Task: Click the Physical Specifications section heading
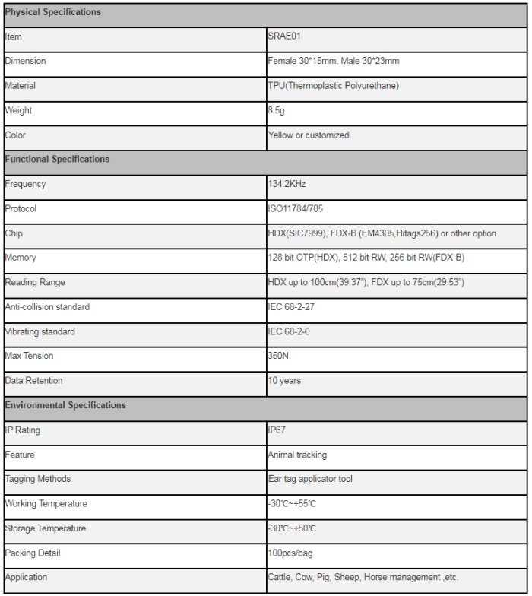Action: click(x=52, y=12)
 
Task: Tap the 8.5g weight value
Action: click(x=277, y=110)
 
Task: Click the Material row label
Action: click(x=21, y=86)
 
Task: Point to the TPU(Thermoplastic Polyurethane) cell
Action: click(x=333, y=86)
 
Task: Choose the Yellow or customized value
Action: click(x=308, y=135)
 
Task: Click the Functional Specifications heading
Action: click(x=57, y=160)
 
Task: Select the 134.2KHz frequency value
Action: click(x=287, y=184)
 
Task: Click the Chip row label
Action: click(x=14, y=233)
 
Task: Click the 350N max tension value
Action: click(x=279, y=356)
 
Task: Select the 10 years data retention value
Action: click(x=284, y=380)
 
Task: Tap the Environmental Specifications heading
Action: click(x=65, y=405)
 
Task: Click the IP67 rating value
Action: click(x=276, y=430)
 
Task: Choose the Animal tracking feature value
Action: click(x=297, y=455)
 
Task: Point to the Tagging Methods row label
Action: click(x=37, y=479)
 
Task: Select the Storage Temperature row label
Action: click(x=46, y=528)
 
